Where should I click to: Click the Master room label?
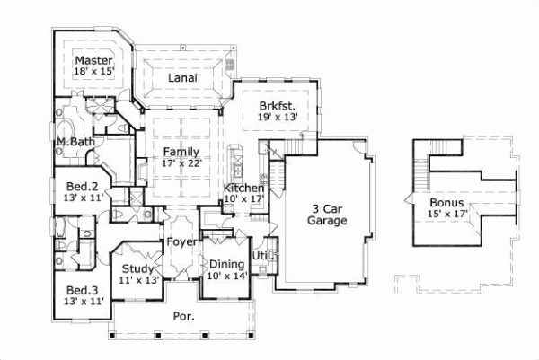pyautogui.click(x=93, y=60)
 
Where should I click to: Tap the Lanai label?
pyautogui.click(x=182, y=78)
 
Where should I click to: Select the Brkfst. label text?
pyautogui.click(x=277, y=105)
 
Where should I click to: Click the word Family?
pyautogui.click(x=182, y=152)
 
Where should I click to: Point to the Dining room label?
pyautogui.click(x=226, y=264)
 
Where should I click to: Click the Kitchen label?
pyautogui.click(x=243, y=188)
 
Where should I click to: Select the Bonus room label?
pyautogui.click(x=446, y=203)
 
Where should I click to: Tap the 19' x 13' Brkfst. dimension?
pyautogui.click(x=277, y=117)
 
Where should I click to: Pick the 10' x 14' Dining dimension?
pyautogui.click(x=226, y=276)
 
